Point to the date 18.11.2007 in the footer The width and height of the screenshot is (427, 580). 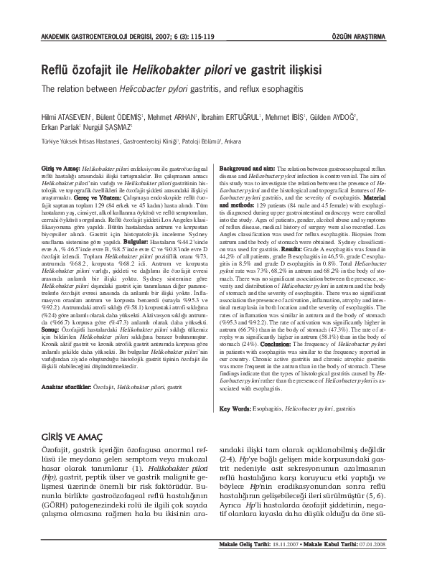[288, 565]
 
